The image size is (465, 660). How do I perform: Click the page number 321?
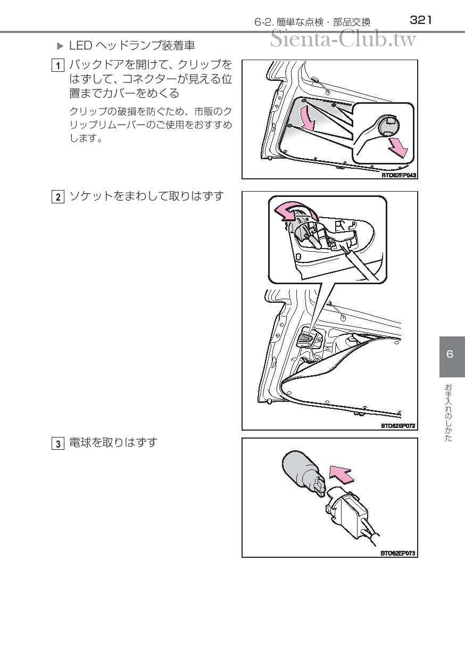coord(420,20)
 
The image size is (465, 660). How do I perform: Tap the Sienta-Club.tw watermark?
coord(343,39)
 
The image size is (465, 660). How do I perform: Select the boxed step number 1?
coord(57,65)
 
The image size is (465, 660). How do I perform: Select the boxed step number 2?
coord(57,197)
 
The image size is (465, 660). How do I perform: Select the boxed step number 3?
coord(57,443)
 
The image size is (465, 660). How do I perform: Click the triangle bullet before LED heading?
coord(60,46)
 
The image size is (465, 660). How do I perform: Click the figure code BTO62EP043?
coord(398,175)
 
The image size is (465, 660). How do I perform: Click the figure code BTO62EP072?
coord(398,426)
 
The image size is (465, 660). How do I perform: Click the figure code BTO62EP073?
coord(398,553)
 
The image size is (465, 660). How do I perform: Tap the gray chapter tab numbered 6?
coord(452,357)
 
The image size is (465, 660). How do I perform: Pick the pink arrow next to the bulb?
coord(341,475)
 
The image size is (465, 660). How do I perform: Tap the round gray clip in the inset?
coord(388,125)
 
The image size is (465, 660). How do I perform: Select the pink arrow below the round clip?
coord(397,148)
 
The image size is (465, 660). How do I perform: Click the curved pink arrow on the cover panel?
coord(308,118)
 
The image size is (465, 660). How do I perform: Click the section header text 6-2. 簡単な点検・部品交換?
coord(312,22)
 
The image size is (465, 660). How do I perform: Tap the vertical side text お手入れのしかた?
coord(448,412)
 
